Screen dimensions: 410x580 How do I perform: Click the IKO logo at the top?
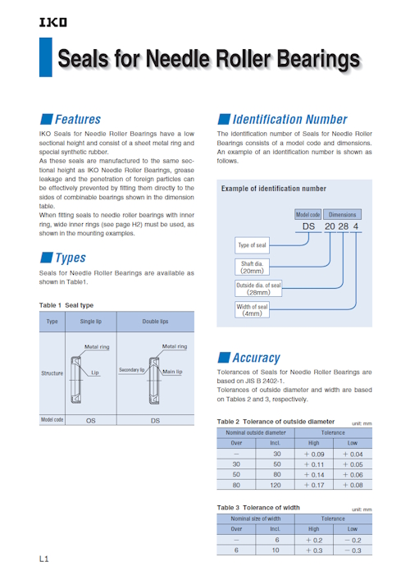(52, 22)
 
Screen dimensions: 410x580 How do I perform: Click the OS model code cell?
(90, 421)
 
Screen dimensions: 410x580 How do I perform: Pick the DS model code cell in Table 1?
(155, 421)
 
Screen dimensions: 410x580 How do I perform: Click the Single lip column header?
(90, 322)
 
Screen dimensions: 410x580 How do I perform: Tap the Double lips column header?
(155, 322)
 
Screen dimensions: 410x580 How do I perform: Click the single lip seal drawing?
(75, 380)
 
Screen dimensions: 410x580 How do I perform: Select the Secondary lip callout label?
(132, 369)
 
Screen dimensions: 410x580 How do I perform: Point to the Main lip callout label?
(172, 372)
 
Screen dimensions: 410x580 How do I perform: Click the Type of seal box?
(252, 245)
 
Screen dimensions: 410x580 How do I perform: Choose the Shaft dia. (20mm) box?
(252, 267)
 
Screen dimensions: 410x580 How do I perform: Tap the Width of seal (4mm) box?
(252, 310)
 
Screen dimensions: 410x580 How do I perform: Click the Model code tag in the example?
(308, 215)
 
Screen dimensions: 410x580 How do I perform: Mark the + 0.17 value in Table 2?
(314, 485)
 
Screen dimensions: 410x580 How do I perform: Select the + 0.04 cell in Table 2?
(353, 454)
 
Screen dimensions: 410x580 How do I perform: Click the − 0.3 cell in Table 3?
(353, 550)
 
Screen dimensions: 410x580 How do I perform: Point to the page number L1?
(44, 559)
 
